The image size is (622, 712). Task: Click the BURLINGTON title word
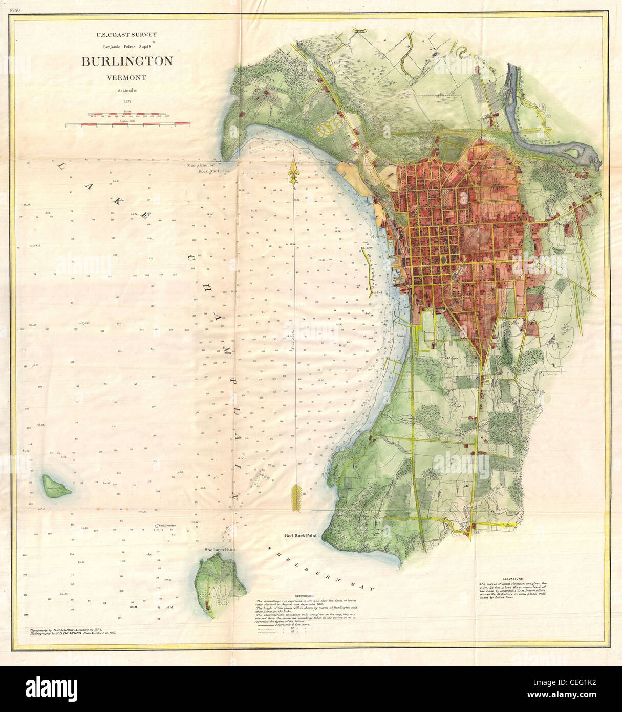(x=127, y=61)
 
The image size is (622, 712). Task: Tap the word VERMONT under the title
(x=127, y=78)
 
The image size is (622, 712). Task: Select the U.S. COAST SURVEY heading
(x=127, y=35)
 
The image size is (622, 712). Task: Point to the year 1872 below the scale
(x=127, y=101)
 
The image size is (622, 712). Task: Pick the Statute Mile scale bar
(x=127, y=123)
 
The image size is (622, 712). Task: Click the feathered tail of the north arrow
(x=294, y=497)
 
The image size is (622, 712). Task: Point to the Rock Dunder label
(x=167, y=526)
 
